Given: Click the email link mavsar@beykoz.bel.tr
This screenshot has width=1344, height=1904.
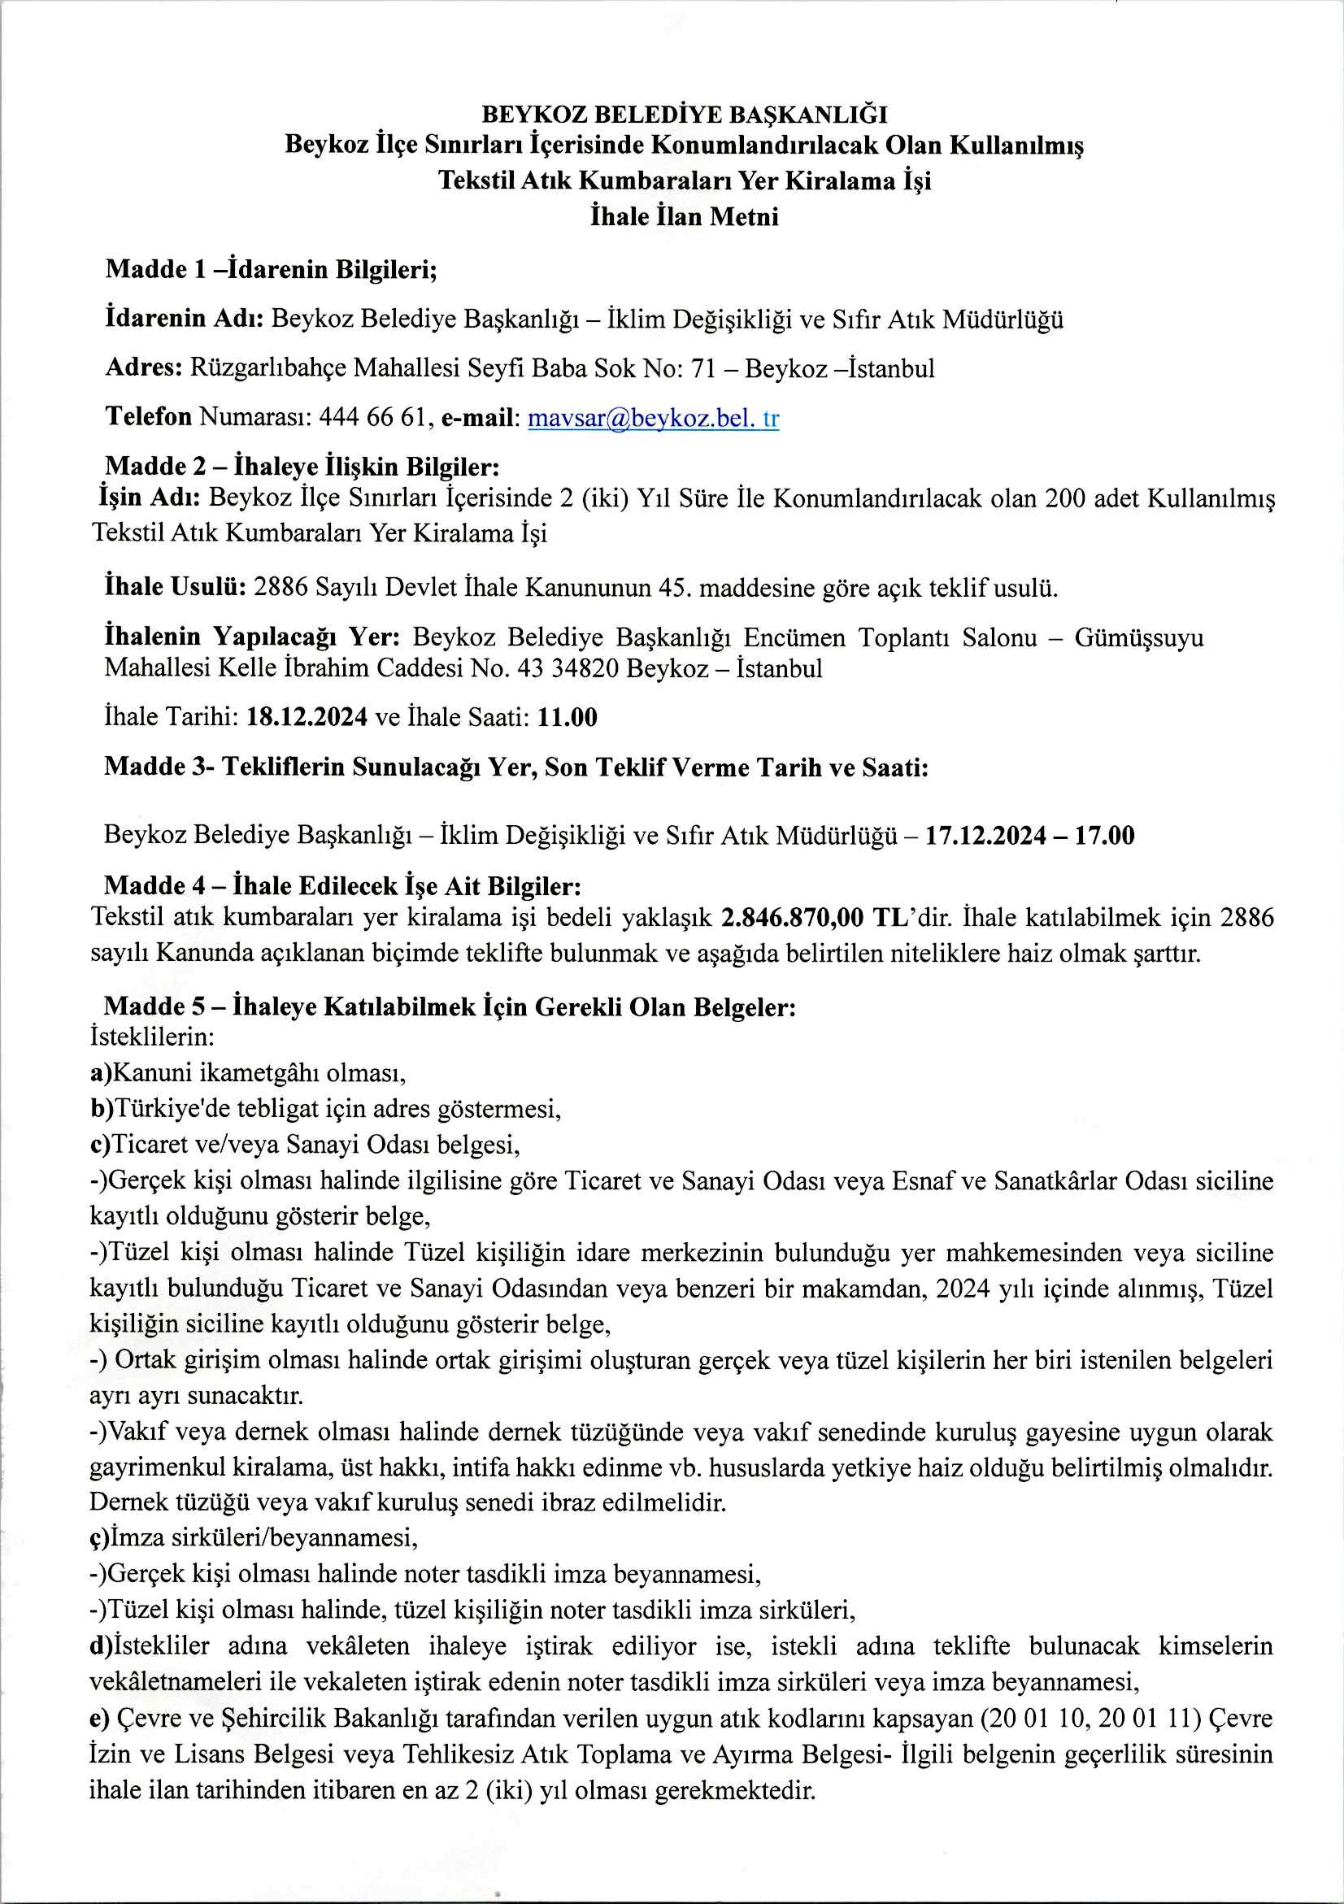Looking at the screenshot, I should click(654, 418).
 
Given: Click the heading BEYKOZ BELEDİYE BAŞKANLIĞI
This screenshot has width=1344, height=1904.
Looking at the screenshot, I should click(684, 115).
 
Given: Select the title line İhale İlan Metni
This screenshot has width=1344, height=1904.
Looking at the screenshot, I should click(684, 217).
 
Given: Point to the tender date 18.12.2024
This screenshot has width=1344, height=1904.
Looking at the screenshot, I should click(307, 717).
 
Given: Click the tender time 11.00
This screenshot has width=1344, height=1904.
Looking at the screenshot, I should click(568, 717).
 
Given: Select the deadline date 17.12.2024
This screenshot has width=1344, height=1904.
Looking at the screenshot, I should click(985, 835).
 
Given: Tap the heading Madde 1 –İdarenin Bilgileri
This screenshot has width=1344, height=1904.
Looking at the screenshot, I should click(271, 270).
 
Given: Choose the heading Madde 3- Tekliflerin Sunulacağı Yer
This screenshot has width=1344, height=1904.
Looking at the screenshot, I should click(515, 767).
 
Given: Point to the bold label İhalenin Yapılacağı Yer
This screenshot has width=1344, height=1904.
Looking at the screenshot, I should click(252, 637).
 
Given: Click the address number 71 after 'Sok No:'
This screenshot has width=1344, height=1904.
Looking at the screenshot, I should click(703, 368).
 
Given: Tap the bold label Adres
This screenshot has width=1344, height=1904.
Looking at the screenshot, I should click(143, 367).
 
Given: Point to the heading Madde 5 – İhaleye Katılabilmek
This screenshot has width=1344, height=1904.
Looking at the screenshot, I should click(450, 1006).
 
